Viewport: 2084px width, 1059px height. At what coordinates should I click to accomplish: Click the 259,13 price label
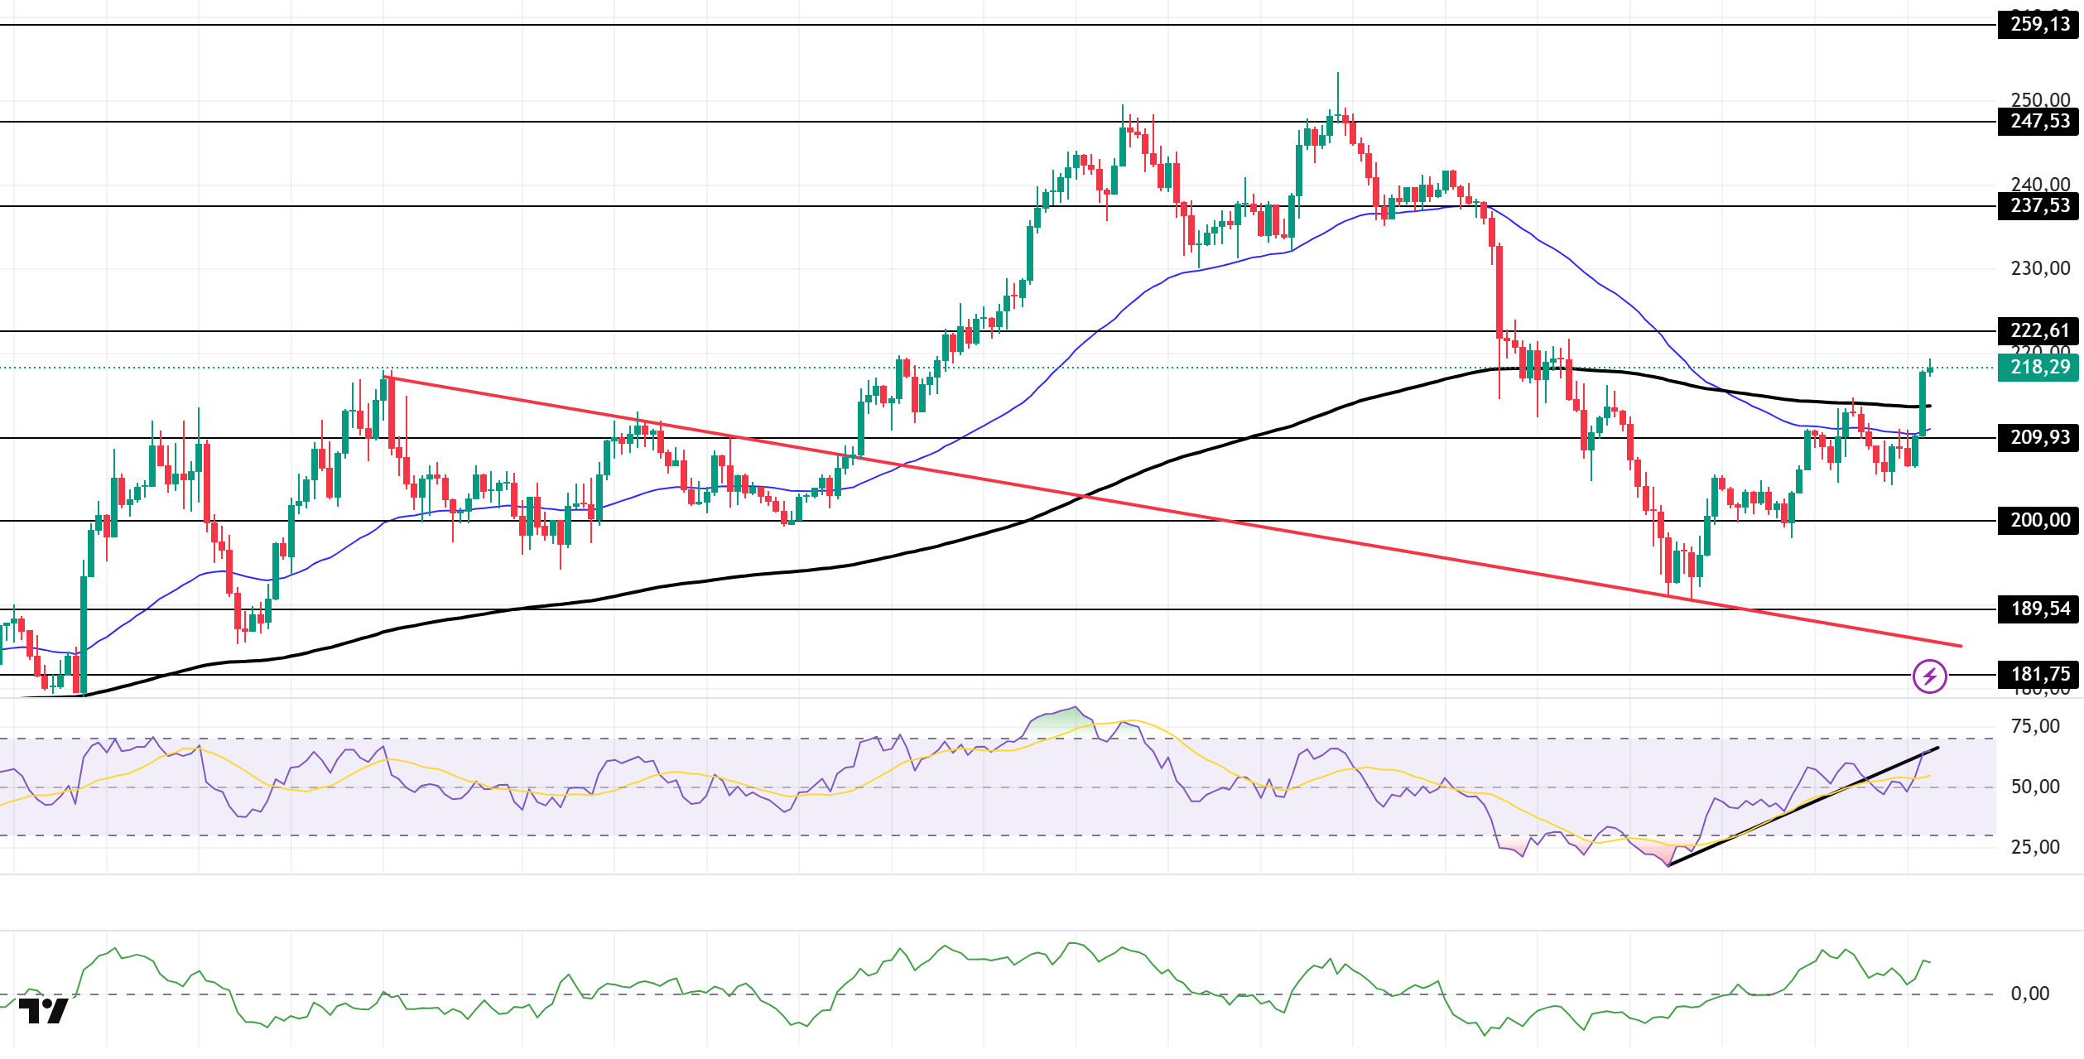[x=2039, y=25]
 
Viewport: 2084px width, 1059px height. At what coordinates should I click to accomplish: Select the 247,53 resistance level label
[x=2039, y=122]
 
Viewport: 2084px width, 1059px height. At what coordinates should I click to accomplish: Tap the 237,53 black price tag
[x=2039, y=206]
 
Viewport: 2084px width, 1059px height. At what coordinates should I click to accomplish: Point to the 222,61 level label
[x=2039, y=331]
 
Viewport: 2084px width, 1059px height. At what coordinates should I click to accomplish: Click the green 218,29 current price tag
[x=2039, y=368]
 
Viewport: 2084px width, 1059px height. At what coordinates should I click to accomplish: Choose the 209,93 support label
[x=2039, y=437]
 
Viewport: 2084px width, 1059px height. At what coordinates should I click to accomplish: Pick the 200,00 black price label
[x=2039, y=521]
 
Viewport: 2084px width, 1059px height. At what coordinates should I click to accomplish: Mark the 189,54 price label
[x=2039, y=609]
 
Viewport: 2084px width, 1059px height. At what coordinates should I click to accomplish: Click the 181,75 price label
[x=2039, y=675]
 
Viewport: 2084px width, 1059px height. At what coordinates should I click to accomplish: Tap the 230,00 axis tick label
[x=2039, y=269]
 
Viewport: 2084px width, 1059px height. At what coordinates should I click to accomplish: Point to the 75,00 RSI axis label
[x=2034, y=727]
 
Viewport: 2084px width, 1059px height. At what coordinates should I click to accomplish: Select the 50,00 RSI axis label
[x=2034, y=787]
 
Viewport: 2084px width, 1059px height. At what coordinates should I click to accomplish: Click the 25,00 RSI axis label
[x=2034, y=847]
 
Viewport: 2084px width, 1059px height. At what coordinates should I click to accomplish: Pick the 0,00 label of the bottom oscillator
[x=2029, y=994]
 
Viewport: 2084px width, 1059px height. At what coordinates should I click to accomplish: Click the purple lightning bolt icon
[x=1930, y=676]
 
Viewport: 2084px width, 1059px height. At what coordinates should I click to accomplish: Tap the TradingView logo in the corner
[x=43, y=1011]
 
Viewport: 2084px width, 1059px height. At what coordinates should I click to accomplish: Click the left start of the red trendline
[x=386, y=378]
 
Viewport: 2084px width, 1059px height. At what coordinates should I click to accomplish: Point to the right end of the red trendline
[x=1961, y=646]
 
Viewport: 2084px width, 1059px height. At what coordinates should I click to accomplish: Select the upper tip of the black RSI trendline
[x=1937, y=748]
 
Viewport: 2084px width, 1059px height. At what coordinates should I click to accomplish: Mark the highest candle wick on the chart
[x=1337, y=74]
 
